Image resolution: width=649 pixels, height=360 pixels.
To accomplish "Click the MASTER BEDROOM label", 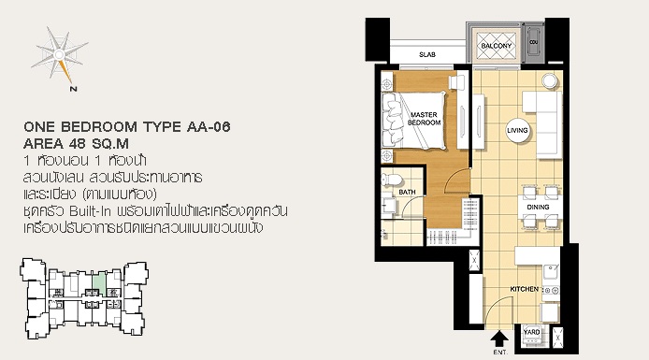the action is click(424, 119).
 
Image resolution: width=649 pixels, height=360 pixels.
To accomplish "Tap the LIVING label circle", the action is click(517, 130).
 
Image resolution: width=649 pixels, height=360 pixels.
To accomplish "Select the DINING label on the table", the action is click(538, 207).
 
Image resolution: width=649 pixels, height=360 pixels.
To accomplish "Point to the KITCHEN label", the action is click(525, 289).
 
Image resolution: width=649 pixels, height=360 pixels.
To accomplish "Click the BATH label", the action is click(408, 192).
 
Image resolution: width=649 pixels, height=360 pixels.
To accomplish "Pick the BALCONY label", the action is click(497, 46).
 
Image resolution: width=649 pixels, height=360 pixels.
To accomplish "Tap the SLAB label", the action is click(427, 54).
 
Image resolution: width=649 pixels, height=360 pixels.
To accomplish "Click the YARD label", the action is click(531, 332).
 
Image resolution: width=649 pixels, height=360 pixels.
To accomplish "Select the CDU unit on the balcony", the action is click(534, 42).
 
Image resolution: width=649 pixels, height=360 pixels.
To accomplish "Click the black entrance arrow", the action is click(499, 338).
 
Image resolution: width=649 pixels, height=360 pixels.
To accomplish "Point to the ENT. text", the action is click(500, 353).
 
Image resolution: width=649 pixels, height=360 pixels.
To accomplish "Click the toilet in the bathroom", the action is click(392, 180).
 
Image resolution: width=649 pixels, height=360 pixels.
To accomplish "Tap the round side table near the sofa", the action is click(550, 81).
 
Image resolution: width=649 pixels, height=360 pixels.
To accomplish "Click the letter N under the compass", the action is click(74, 89).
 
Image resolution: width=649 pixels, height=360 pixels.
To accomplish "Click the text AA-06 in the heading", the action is click(209, 126).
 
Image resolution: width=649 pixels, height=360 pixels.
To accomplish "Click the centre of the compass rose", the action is click(59, 54).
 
